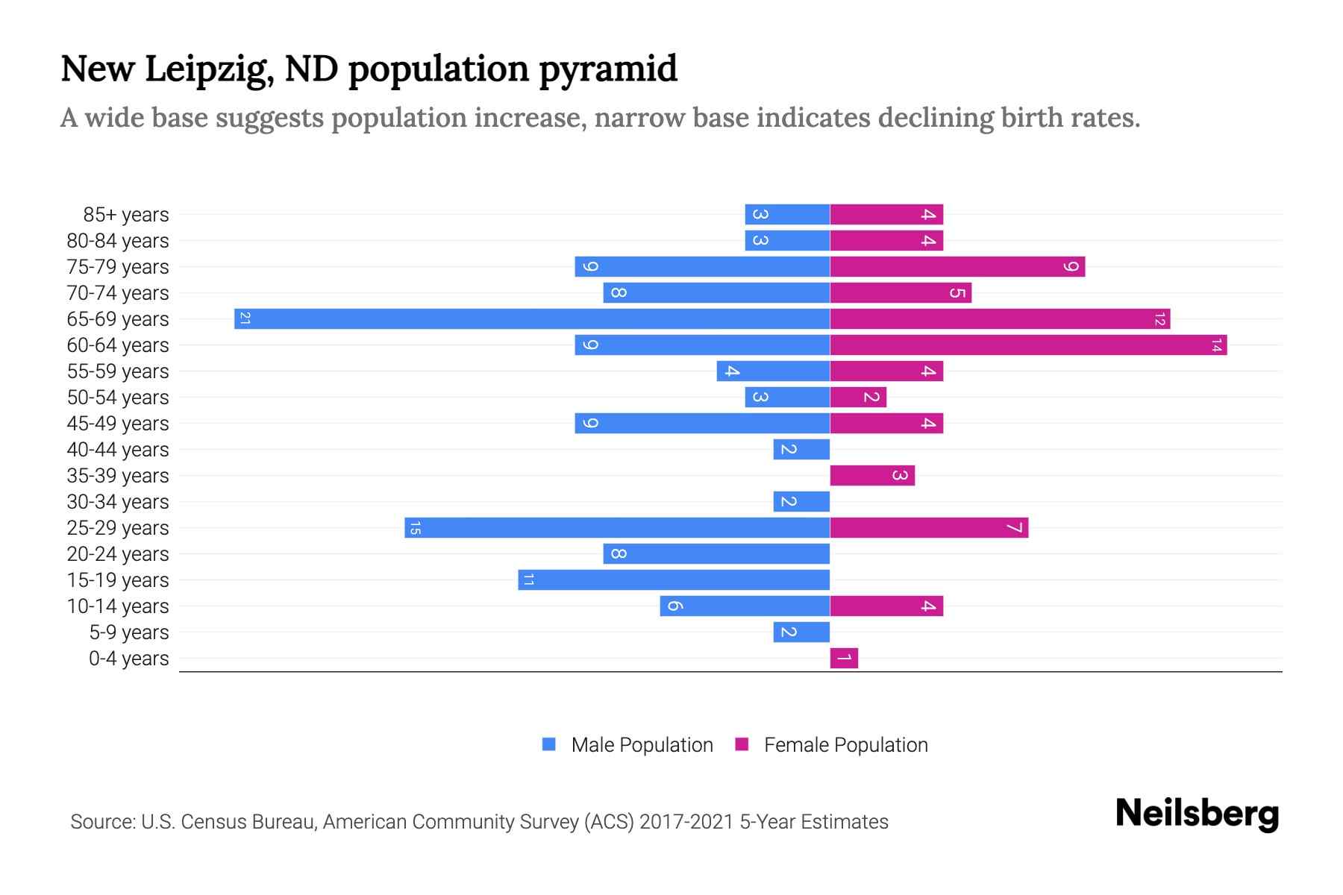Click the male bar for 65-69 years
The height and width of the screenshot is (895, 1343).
point(532,319)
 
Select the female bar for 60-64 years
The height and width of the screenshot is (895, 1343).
point(1028,345)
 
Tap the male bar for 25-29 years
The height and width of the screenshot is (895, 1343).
point(617,528)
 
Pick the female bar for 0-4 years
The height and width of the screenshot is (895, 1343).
point(844,659)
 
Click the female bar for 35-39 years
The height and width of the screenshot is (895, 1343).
point(872,476)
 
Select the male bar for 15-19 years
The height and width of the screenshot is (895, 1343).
point(674,580)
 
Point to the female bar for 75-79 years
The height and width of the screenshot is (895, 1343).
point(957,267)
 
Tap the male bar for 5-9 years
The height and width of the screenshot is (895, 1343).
point(801,632)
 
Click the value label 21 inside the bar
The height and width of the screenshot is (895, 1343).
point(245,319)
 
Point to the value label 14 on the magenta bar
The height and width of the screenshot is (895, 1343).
point(1217,345)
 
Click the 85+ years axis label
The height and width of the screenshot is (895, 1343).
point(126,215)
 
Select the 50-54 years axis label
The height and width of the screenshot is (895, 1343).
point(118,398)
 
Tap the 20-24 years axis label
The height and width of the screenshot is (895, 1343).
point(118,554)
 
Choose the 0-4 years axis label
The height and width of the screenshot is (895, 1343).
point(128,659)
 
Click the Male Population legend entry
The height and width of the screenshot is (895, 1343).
point(642,745)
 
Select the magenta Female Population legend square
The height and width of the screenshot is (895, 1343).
point(742,744)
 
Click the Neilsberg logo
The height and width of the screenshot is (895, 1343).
point(1197,814)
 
